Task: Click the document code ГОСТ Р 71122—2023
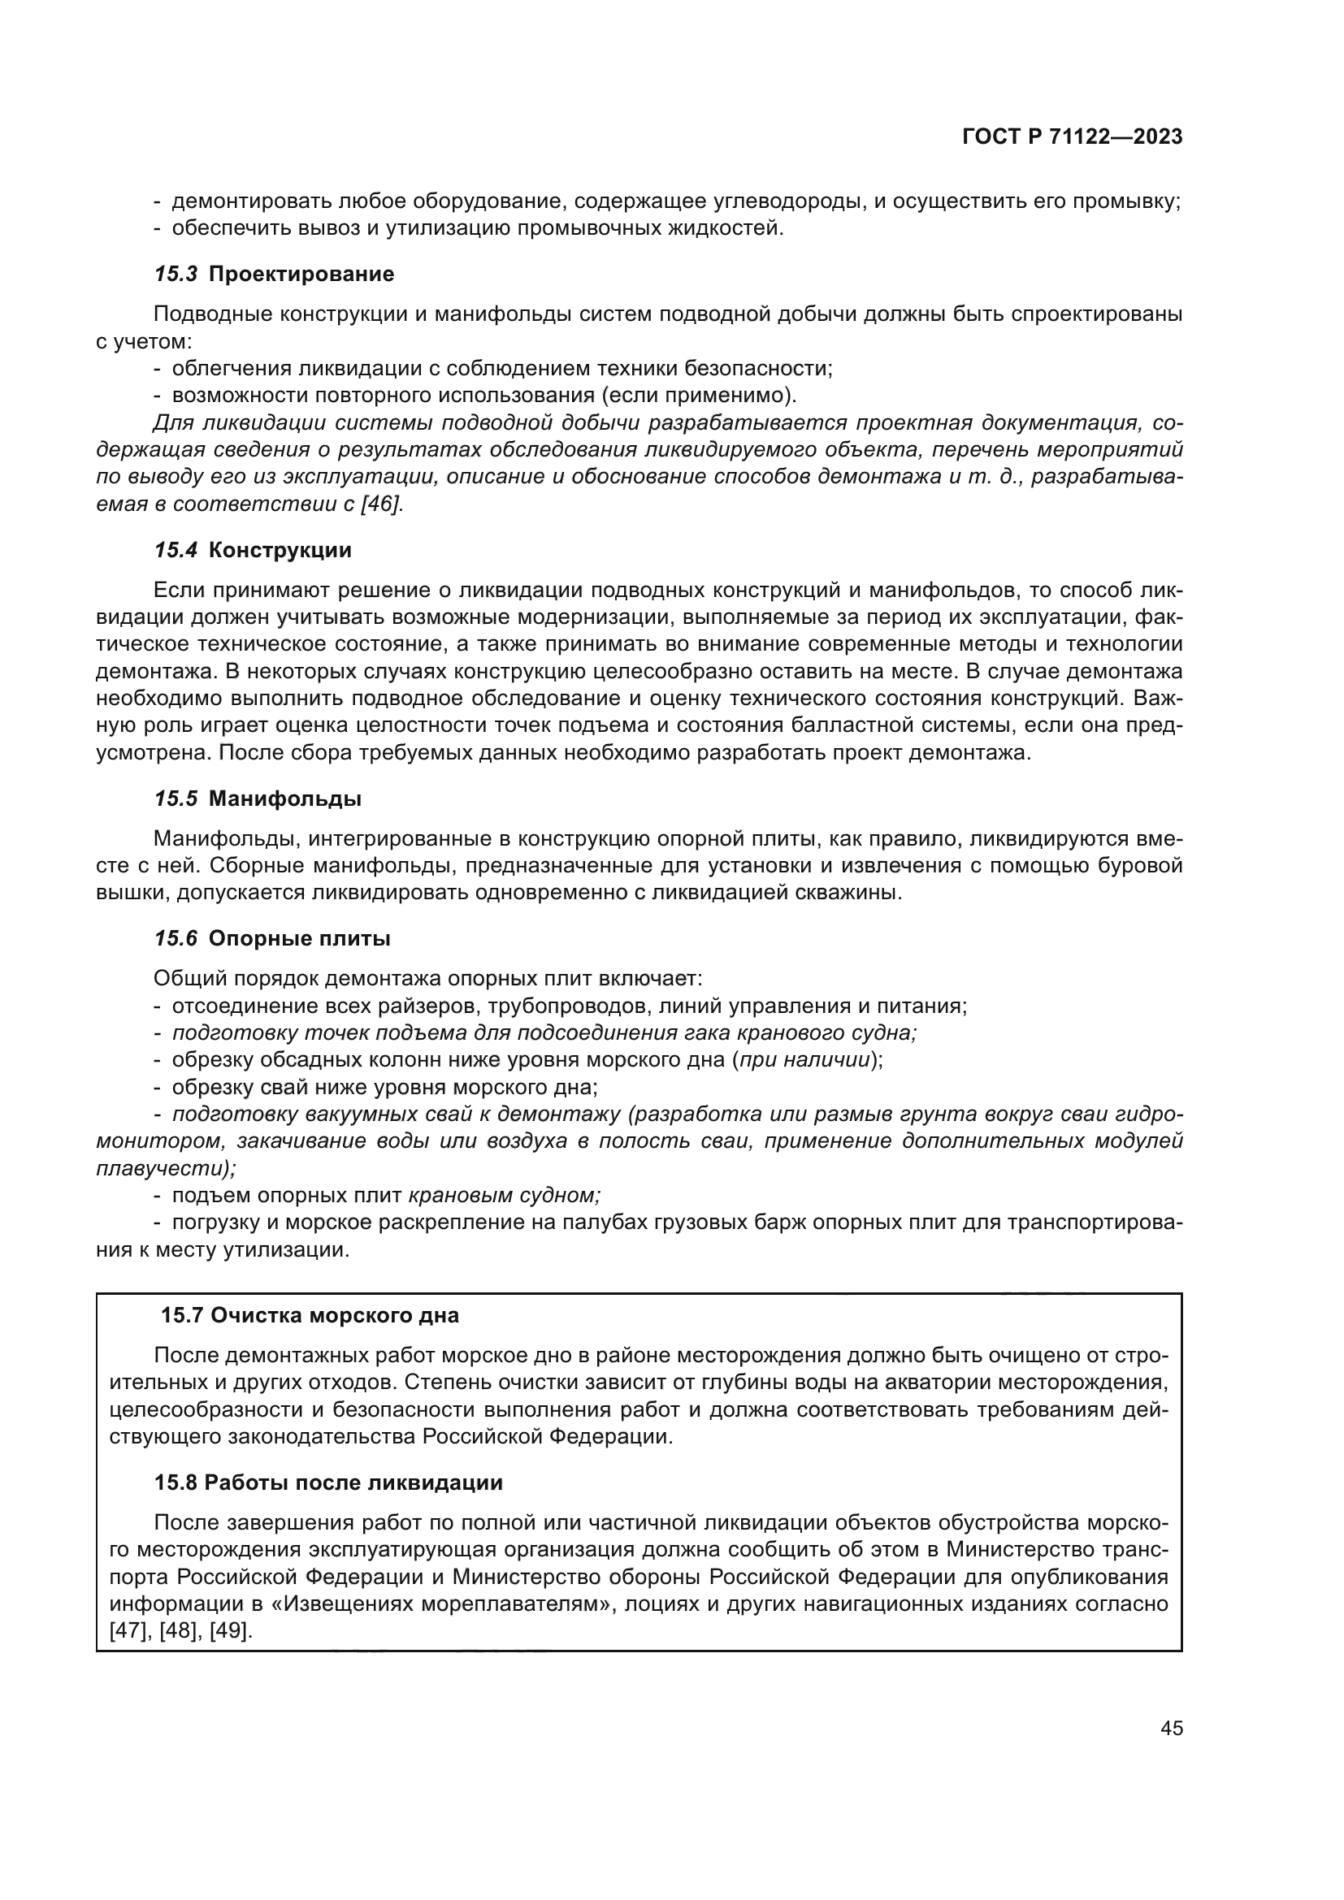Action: pyautogui.click(x=1073, y=137)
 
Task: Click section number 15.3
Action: pyautogui.click(x=176, y=275)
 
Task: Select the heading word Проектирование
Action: pyautogui.click(x=301, y=275)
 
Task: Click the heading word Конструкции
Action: pyautogui.click(x=280, y=550)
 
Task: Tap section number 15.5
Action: pyautogui.click(x=176, y=799)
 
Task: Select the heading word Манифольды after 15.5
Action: pyautogui.click(x=284, y=799)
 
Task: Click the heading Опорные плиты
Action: pyautogui.click(x=300, y=939)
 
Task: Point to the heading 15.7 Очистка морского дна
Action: pyautogui.click(x=310, y=1316)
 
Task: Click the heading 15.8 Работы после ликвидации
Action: pyautogui.click(x=328, y=1483)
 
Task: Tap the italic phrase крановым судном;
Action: pyautogui.click(x=504, y=1196)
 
